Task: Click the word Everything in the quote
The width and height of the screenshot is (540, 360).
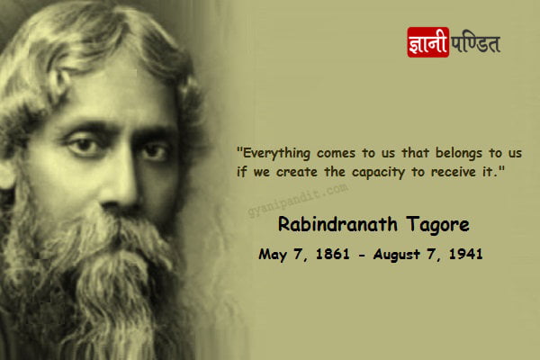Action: point(276,153)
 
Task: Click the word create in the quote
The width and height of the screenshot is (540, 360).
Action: point(296,172)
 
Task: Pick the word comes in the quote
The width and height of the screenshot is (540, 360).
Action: point(336,154)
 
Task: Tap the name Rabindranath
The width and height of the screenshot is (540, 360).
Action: point(337,224)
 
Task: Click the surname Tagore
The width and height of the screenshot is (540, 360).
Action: point(437,225)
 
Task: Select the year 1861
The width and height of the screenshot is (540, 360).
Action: point(332,254)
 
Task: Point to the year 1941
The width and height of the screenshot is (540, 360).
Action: point(465,254)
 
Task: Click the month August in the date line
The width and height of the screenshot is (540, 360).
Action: point(396,255)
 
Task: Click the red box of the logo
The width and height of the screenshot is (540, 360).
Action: point(428,42)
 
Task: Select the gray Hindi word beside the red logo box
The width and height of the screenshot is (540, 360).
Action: point(475,42)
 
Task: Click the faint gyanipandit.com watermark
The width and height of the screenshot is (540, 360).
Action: point(298,201)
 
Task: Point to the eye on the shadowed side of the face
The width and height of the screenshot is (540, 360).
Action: point(156,151)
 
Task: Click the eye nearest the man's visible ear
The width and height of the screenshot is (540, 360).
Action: point(84,146)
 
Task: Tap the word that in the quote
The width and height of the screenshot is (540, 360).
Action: point(415,153)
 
